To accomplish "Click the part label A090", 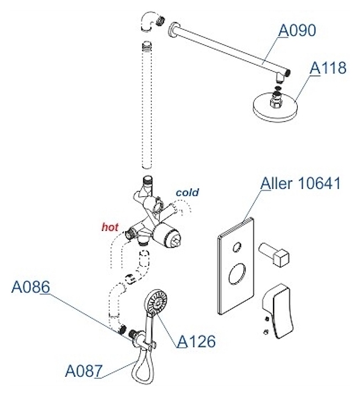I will click(x=297, y=31).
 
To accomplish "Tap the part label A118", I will click(x=328, y=68).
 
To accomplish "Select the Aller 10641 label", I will click(x=301, y=183).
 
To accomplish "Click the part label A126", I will click(x=196, y=341).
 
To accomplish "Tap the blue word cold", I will click(x=187, y=193).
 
